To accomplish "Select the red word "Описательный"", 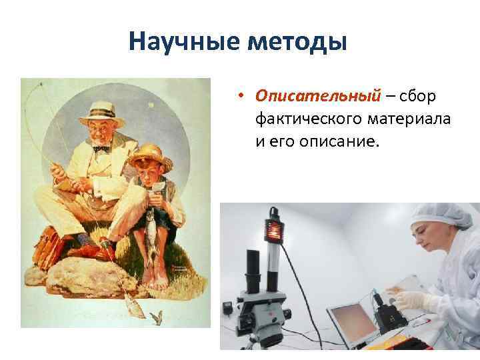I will tap(317, 97).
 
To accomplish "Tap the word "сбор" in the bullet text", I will tap(419, 97).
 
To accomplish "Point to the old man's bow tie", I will tap(101, 147).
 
